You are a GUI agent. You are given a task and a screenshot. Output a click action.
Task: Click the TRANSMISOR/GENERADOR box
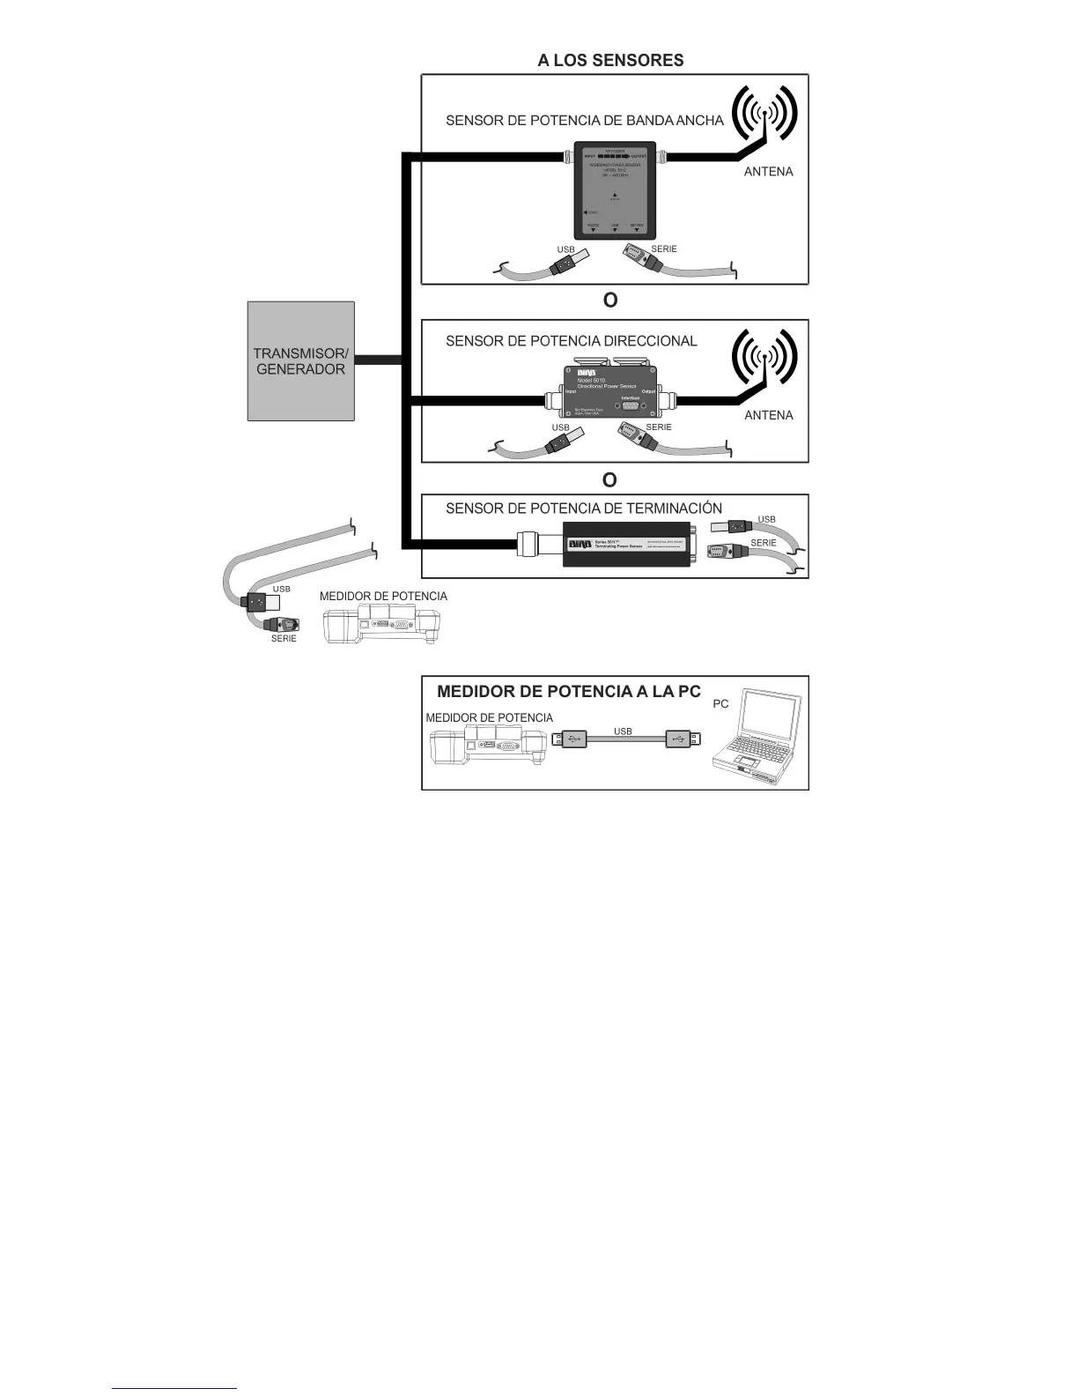coord(300,360)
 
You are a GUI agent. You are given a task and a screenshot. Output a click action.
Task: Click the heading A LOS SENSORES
coord(610,60)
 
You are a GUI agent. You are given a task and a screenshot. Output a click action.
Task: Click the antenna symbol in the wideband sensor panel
coord(766,115)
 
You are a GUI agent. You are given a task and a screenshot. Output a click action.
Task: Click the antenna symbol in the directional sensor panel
coord(766,357)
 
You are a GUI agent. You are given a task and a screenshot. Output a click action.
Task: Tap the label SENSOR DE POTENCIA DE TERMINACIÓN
coord(583,509)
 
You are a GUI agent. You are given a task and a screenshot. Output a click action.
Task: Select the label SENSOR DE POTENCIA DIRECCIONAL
coord(571,341)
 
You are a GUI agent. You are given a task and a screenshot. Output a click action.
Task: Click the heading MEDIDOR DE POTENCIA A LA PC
coord(568,692)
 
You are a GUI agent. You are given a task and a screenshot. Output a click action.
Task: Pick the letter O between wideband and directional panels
coord(609,301)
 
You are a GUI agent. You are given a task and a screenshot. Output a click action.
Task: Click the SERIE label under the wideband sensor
coord(663,249)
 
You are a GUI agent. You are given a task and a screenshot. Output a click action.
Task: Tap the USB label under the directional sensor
coord(560,427)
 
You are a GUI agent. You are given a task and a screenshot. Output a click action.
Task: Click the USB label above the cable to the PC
coord(623,731)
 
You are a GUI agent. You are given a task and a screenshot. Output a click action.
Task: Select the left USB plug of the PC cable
coord(570,739)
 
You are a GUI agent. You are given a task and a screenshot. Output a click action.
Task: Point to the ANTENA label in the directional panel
coord(768,415)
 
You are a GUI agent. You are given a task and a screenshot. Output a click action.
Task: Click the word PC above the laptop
coord(720,704)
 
